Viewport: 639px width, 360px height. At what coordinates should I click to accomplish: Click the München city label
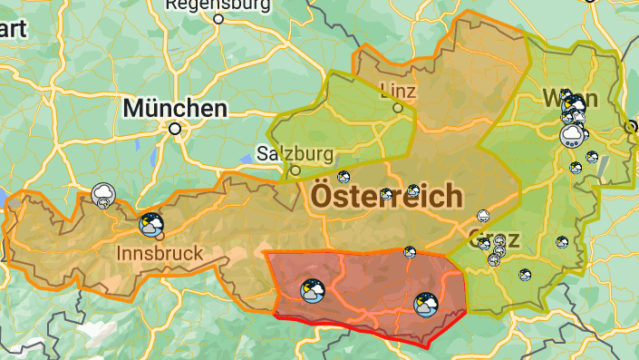coord(175,109)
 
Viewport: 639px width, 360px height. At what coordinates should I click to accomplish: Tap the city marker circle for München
coord(175,129)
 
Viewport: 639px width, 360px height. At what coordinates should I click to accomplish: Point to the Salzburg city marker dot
coord(295,170)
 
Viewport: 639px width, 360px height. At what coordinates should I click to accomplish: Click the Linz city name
coord(398,90)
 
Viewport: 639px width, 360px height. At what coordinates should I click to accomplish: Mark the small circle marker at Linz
coord(397,108)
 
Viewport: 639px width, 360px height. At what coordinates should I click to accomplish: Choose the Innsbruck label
coord(160,253)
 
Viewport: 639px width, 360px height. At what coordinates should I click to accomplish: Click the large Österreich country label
coord(387,195)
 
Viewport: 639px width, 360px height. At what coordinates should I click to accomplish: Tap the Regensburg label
coord(218,5)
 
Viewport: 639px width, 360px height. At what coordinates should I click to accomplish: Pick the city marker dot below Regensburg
coord(218,18)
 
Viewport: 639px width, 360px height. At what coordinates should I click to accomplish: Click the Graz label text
coord(494,239)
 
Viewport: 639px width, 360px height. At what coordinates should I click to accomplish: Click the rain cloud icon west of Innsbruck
coord(103,194)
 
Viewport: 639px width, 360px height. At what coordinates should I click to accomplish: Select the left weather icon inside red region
coord(313,290)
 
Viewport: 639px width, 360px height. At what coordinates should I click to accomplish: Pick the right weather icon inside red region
coord(426,305)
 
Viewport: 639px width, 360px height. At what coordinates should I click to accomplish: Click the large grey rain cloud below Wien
coord(572,136)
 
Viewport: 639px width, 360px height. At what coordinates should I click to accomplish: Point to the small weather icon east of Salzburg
coord(344,176)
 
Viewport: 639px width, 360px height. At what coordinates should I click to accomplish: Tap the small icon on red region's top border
coord(410,252)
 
